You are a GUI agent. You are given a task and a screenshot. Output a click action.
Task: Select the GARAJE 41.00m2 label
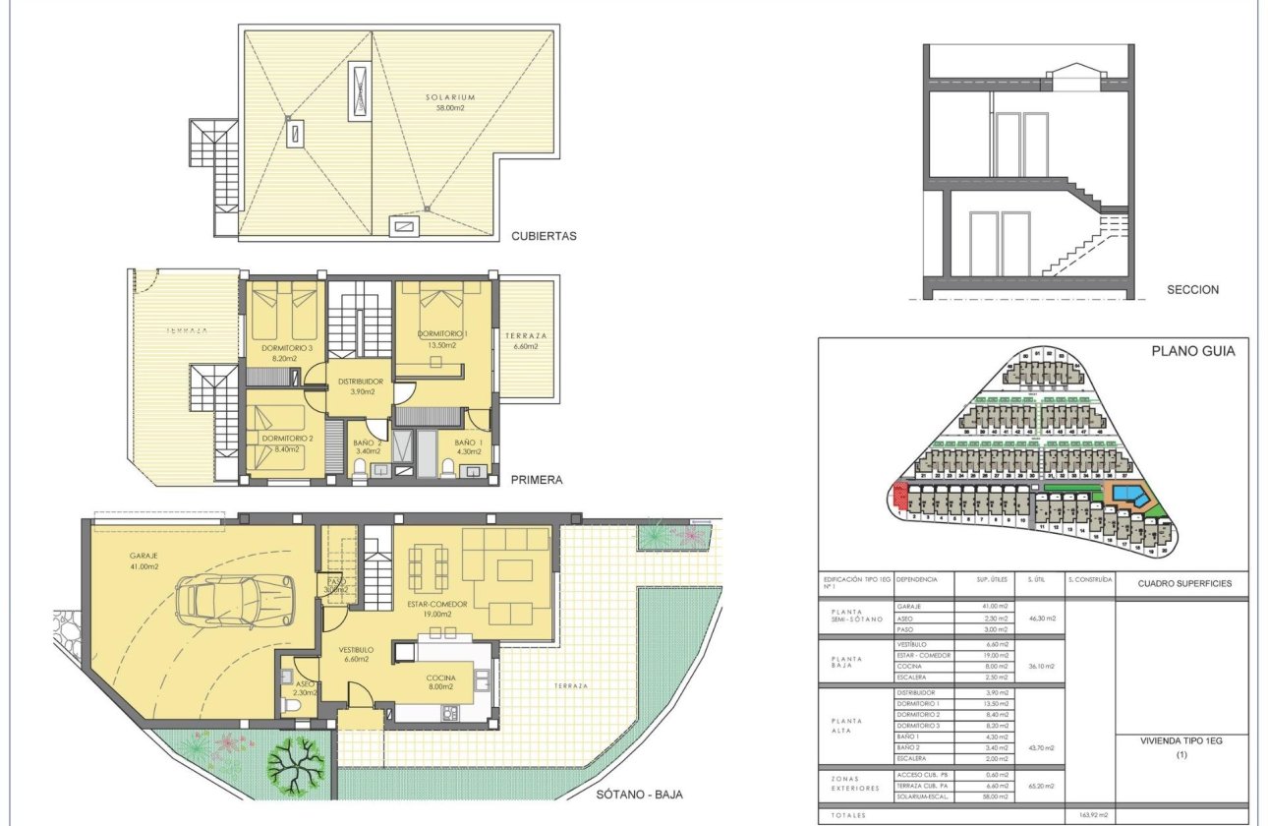(144, 560)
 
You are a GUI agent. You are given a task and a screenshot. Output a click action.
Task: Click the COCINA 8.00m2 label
(440, 682)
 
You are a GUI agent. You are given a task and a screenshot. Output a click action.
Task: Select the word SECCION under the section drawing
(1192, 290)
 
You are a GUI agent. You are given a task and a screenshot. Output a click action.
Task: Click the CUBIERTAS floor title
(543, 236)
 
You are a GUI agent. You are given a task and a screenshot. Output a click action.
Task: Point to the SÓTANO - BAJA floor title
(639, 795)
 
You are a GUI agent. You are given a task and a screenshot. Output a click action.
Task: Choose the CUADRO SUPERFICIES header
(1183, 583)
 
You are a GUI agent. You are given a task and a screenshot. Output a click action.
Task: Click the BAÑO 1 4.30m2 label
(468, 447)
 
